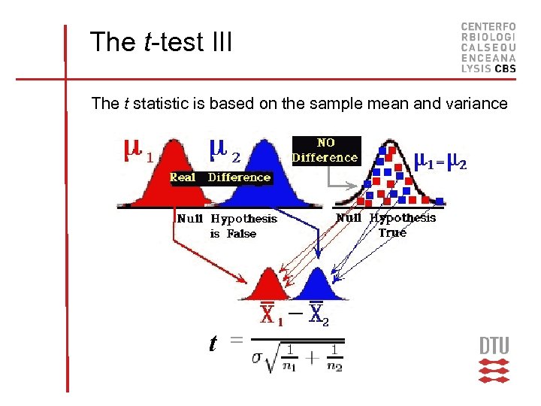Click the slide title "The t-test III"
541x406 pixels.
(x=161, y=42)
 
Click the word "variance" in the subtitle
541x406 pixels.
(x=478, y=104)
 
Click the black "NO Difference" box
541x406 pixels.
(x=325, y=150)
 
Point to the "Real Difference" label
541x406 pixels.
(x=220, y=177)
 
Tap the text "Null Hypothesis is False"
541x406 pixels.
(x=227, y=226)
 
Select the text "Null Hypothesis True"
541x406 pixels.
(x=386, y=225)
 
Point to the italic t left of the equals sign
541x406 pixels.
(x=213, y=344)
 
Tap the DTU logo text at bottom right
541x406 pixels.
(x=494, y=346)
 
